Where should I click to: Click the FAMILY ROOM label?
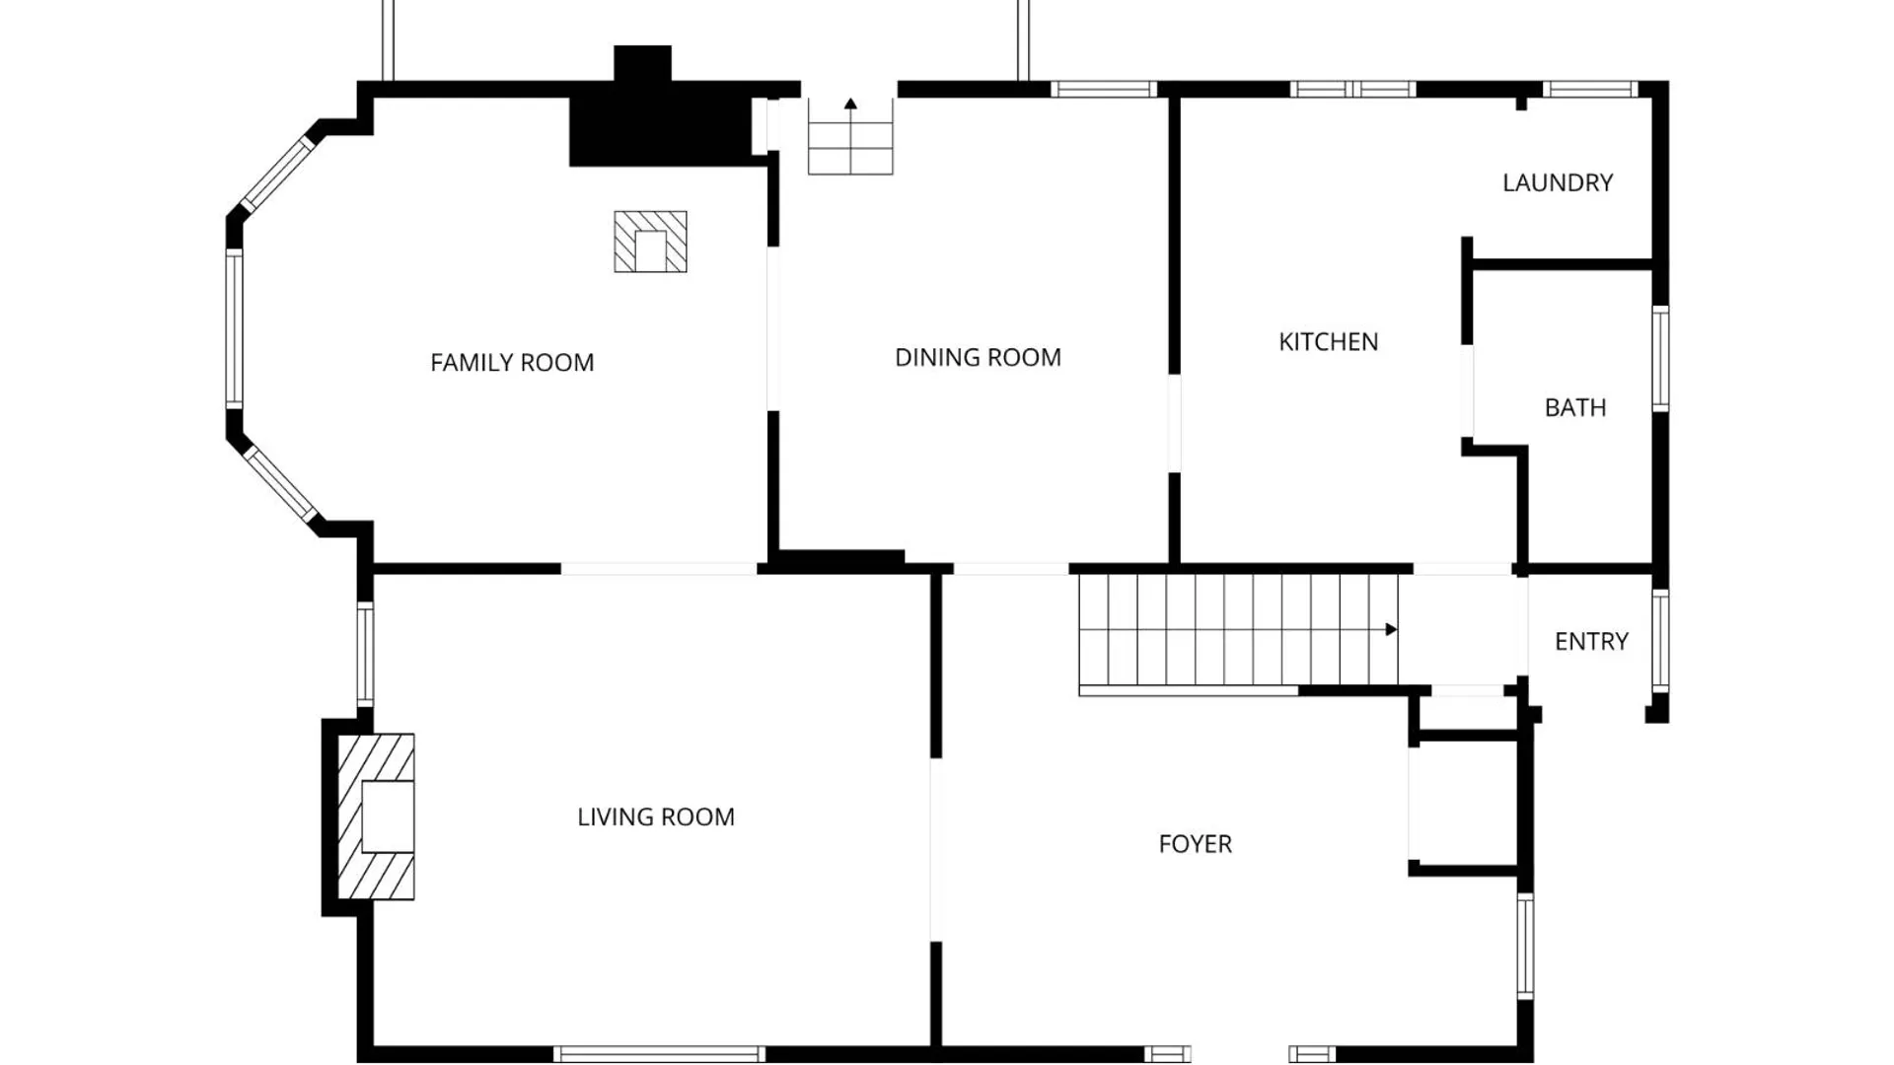(x=512, y=363)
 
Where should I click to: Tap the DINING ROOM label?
(x=978, y=357)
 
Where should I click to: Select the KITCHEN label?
(x=1328, y=342)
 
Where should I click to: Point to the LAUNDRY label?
(x=1558, y=182)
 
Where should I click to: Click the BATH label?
(x=1575, y=407)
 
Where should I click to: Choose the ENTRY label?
(x=1591, y=641)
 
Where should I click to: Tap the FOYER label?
(x=1195, y=844)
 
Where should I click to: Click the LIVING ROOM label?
(x=656, y=816)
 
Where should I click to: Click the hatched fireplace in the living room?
(x=376, y=816)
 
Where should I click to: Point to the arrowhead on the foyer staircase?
(x=1391, y=629)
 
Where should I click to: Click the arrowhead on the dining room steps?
(x=850, y=104)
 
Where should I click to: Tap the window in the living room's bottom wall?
(x=659, y=1054)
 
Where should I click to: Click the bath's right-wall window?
(x=1661, y=359)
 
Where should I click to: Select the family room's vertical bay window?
(x=234, y=328)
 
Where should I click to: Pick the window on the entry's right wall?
(x=1661, y=640)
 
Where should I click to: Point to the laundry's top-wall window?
(x=1590, y=89)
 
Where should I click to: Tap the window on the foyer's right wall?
(x=1525, y=946)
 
